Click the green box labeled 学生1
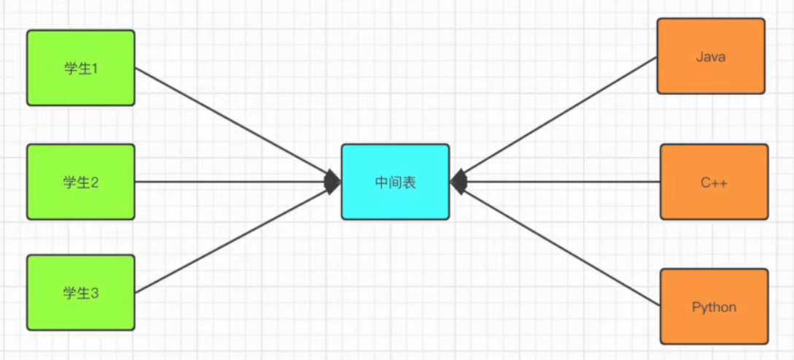80,68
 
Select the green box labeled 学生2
80,182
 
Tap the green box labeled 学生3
80,292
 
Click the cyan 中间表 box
395,182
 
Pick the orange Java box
710,56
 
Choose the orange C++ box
714,182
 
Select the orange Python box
714,307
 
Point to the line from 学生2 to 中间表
234,182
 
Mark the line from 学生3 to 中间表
234,238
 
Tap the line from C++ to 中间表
562,182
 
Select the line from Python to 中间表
562,244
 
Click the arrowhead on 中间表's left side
333,182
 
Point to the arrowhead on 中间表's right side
458,182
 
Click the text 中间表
395,182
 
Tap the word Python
714,307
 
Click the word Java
710,56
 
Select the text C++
714,182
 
